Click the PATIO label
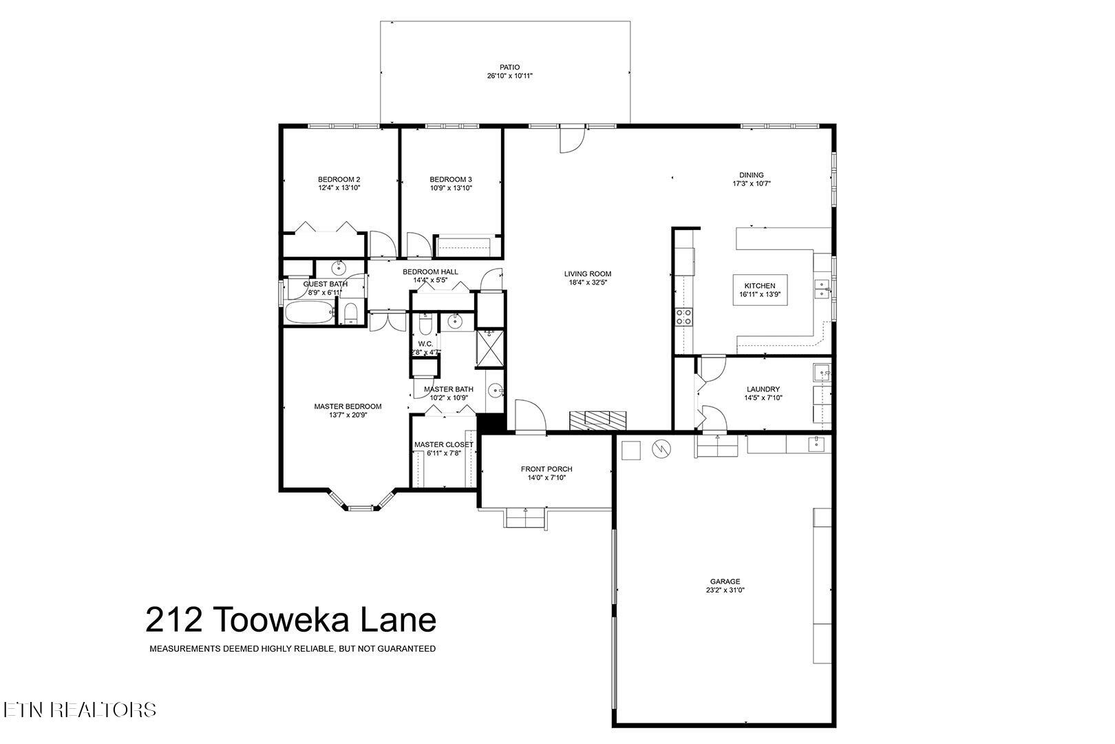click(x=509, y=68)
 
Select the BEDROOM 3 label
click(x=451, y=179)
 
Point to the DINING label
click(x=752, y=175)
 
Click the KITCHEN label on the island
click(x=760, y=286)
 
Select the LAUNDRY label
click(x=763, y=389)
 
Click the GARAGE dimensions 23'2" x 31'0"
click(x=725, y=590)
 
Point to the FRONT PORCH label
click(x=546, y=469)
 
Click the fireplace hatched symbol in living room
click(x=597, y=420)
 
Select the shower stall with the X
click(x=491, y=347)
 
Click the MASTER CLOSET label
click(x=443, y=445)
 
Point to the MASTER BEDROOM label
click(x=348, y=406)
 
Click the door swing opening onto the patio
click(x=572, y=140)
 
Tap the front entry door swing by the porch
click(x=529, y=417)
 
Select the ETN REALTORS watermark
click(x=78, y=710)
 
